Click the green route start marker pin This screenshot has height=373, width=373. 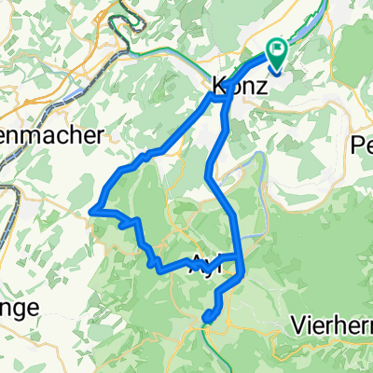tap(278, 52)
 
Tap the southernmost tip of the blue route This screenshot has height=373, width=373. tap(206, 323)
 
